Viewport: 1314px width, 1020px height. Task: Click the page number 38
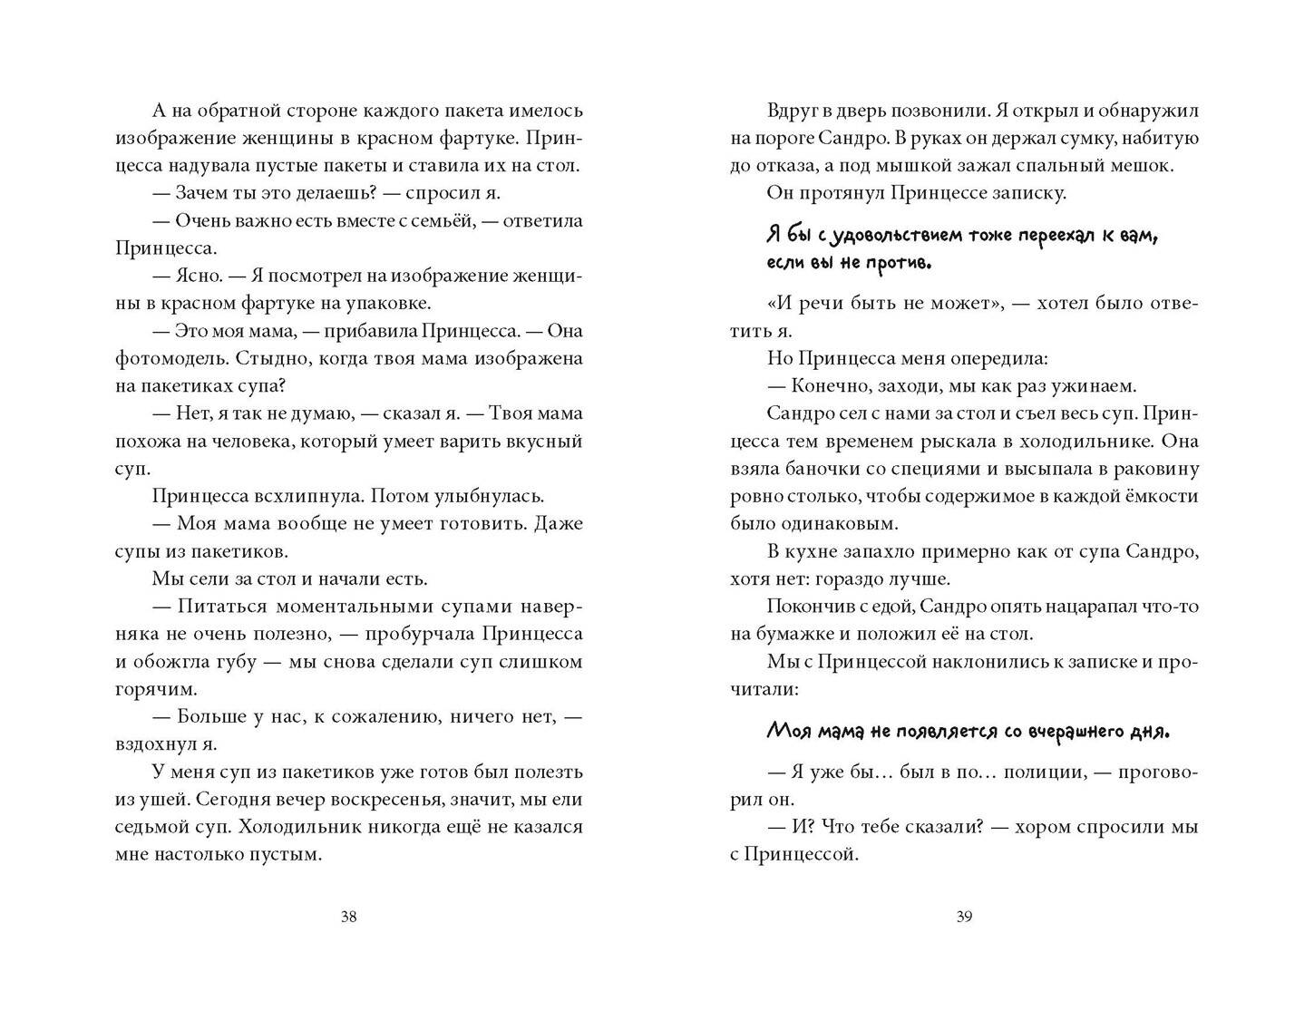point(348,917)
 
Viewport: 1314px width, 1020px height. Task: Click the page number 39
point(964,917)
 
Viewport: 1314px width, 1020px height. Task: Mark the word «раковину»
point(1156,469)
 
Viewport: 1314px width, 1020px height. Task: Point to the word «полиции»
point(1046,772)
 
